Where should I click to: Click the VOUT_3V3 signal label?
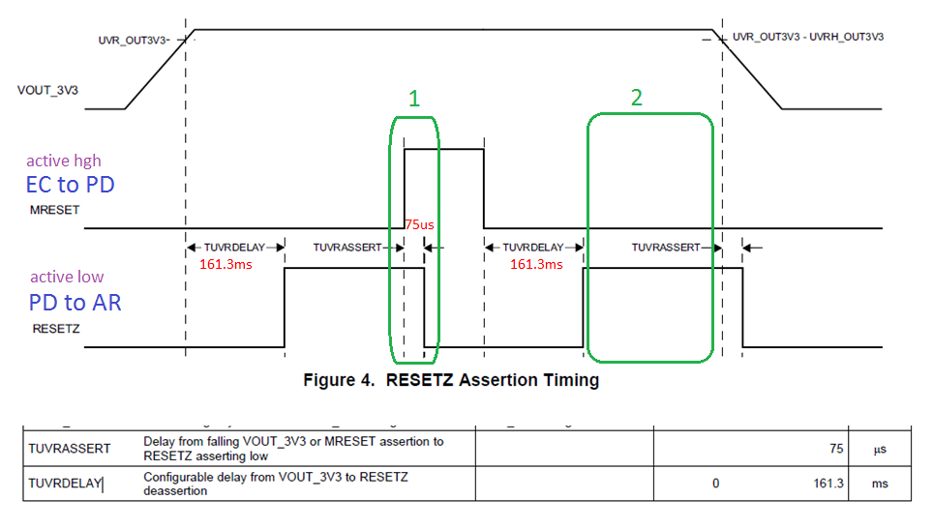pos(48,90)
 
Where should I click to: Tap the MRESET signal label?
pos(55,208)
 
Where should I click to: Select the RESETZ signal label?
pos(56,328)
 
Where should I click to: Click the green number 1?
pos(414,99)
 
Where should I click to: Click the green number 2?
pos(636,98)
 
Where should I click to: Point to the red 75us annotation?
pos(419,224)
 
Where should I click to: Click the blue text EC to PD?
pos(71,184)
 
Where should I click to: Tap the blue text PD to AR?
pos(75,302)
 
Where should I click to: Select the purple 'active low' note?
pos(67,278)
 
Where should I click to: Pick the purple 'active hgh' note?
pos(63,161)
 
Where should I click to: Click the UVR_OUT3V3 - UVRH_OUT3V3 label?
pos(807,37)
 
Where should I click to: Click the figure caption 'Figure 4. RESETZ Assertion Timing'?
pos(451,380)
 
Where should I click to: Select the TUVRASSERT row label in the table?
pos(68,449)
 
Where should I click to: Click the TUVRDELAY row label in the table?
pos(65,484)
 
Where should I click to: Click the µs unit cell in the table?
pos(879,449)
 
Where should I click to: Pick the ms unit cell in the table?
pos(879,484)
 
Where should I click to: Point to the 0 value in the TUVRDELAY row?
pos(715,484)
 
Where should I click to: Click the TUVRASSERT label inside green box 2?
pos(666,248)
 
